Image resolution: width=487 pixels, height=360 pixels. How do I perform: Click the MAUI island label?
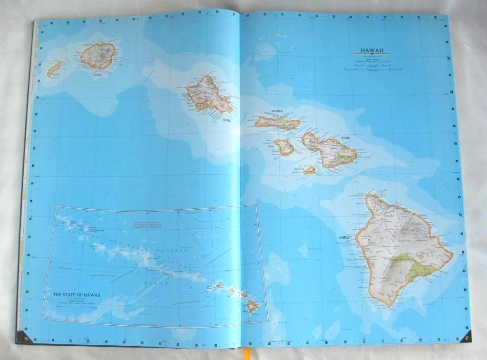pyautogui.click(x=345, y=138)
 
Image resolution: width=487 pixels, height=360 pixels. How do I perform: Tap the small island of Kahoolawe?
pyautogui.click(x=310, y=170)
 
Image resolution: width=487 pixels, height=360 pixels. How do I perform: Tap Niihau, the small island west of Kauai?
pyautogui.click(x=54, y=69)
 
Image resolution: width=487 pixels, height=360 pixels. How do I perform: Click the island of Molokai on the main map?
pyautogui.click(x=278, y=123)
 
